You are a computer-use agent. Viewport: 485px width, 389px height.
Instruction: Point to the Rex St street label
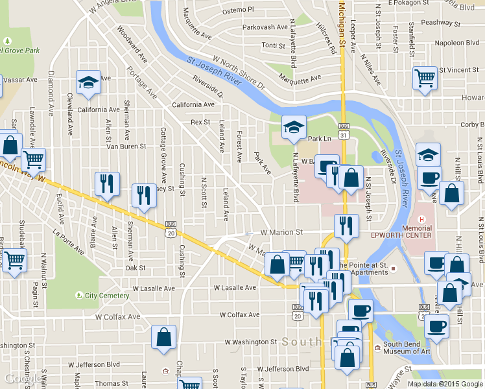(x=200, y=122)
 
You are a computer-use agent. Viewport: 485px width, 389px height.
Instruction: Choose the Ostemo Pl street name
(x=238, y=10)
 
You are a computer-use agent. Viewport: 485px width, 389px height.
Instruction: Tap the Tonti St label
(x=273, y=45)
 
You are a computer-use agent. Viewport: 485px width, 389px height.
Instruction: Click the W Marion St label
(x=281, y=231)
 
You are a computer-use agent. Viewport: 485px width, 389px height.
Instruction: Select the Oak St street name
(x=135, y=267)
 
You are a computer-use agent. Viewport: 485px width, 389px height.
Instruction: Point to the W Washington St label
(x=251, y=341)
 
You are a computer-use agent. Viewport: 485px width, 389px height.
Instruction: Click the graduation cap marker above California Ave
(x=89, y=82)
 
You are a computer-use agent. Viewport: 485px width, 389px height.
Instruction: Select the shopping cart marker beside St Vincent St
(x=425, y=78)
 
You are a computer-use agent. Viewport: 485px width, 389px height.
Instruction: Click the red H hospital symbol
(x=421, y=219)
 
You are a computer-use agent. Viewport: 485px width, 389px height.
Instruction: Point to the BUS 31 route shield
(x=344, y=130)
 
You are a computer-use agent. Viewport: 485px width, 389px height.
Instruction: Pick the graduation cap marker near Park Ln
(x=293, y=128)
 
